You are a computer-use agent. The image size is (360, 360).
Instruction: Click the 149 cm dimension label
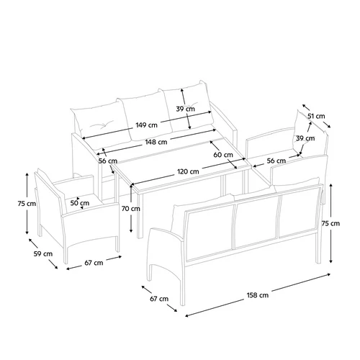click(146, 125)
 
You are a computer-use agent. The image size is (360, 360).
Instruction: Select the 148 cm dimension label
click(156, 142)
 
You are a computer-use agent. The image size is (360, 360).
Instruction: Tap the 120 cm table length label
click(188, 171)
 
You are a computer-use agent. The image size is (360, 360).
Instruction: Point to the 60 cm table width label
click(223, 155)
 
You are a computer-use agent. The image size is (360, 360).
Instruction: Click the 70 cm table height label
click(131, 209)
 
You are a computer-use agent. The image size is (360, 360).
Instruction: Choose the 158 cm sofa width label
click(258, 295)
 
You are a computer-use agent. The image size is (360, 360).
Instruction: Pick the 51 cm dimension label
click(316, 116)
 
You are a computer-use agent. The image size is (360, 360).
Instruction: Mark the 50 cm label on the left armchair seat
click(80, 203)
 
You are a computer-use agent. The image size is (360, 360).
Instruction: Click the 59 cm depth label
click(43, 253)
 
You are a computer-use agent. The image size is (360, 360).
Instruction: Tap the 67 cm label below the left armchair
click(94, 263)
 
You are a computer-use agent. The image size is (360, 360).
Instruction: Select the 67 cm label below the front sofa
click(159, 299)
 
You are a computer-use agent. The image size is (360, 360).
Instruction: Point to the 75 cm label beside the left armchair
click(27, 204)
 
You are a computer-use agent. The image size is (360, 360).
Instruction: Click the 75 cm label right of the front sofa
click(330, 223)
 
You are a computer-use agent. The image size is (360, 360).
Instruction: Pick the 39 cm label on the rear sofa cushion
click(186, 109)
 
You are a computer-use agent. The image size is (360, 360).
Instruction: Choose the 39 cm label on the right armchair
click(305, 138)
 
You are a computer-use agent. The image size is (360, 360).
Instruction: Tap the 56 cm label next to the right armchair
click(276, 161)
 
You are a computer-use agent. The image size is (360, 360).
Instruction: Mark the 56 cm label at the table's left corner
click(108, 161)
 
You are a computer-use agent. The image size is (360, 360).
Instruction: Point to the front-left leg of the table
click(140, 216)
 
